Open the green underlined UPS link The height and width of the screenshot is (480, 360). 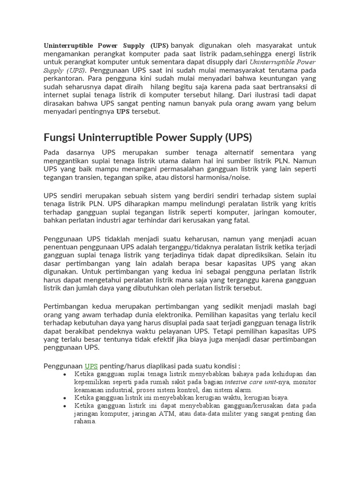[x=91, y=366]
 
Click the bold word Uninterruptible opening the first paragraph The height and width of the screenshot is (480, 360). [x=70, y=45]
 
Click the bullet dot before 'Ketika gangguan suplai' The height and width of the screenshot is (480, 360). [x=64, y=374]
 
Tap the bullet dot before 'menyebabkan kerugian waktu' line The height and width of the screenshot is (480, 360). [x=64, y=397]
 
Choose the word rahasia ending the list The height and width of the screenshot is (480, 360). [x=84, y=421]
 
